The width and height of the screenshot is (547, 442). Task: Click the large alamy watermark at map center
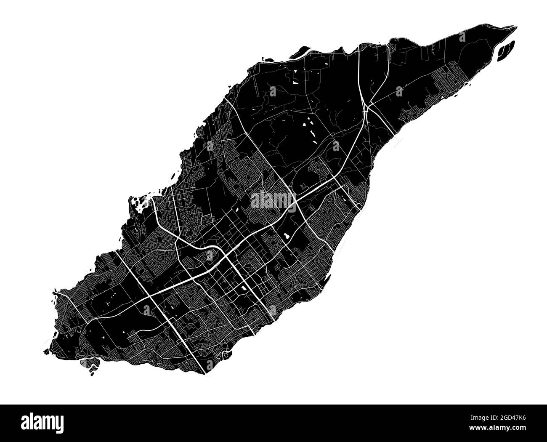tap(273, 200)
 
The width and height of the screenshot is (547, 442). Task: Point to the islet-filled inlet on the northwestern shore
tap(141, 206)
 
